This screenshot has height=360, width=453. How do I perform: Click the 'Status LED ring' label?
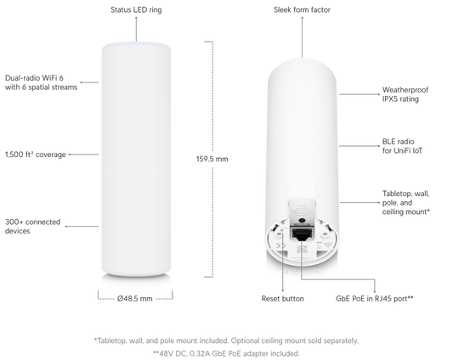pyautogui.click(x=136, y=10)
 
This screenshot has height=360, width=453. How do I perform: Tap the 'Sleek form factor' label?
pyautogui.click(x=302, y=10)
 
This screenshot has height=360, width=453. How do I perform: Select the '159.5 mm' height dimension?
pyautogui.click(x=212, y=159)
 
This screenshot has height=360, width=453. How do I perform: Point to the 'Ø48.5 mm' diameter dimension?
pyautogui.click(x=135, y=299)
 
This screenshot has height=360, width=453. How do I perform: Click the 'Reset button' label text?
pyautogui.click(x=282, y=299)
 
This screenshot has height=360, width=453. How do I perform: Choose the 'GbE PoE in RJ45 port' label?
pyautogui.click(x=375, y=299)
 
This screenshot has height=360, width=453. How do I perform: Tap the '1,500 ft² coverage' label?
pyautogui.click(x=36, y=155)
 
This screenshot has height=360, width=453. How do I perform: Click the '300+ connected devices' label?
pyautogui.click(x=32, y=227)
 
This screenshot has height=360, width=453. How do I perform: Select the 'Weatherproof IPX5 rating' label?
pyautogui.click(x=405, y=94)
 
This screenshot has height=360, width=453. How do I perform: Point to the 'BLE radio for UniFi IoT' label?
pyautogui.click(x=403, y=146)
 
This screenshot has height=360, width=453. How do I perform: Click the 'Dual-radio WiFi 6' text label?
pyautogui.click(x=34, y=78)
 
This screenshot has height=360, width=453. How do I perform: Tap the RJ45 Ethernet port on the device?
pyautogui.click(x=301, y=233)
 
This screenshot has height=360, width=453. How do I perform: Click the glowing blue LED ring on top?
pyautogui.click(x=136, y=44)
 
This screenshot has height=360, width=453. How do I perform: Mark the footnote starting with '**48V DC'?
pyautogui.click(x=226, y=353)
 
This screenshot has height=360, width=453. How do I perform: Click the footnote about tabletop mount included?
pyautogui.click(x=226, y=340)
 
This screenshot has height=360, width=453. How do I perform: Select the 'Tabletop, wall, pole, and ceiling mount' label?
pyautogui.click(x=406, y=203)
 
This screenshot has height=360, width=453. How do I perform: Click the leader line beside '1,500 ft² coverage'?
pyautogui.click(x=84, y=155)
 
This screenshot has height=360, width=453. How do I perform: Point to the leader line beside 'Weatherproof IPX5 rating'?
pyautogui.click(x=360, y=94)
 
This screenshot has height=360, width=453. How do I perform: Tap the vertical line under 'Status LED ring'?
pyautogui.click(x=136, y=29)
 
